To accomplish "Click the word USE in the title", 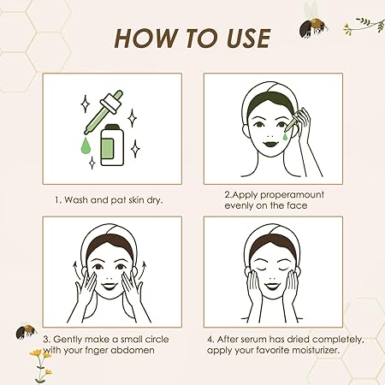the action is (x=248, y=38).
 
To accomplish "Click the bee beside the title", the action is (x=313, y=27).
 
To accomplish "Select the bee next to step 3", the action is (x=26, y=332).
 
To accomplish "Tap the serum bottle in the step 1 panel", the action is (x=112, y=145).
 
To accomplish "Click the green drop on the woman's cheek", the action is (x=286, y=136).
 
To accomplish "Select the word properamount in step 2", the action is (x=292, y=195).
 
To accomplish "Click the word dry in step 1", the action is (x=155, y=200).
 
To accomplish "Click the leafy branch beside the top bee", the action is (x=364, y=25).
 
